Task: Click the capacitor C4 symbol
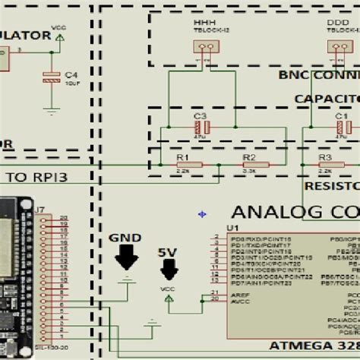click(51, 76)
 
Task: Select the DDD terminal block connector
click(335, 46)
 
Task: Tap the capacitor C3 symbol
click(201, 126)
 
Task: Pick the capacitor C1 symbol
click(342, 126)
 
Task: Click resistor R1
click(188, 164)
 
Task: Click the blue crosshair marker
click(202, 214)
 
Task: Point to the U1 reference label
click(232, 228)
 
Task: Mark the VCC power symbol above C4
click(59, 34)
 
